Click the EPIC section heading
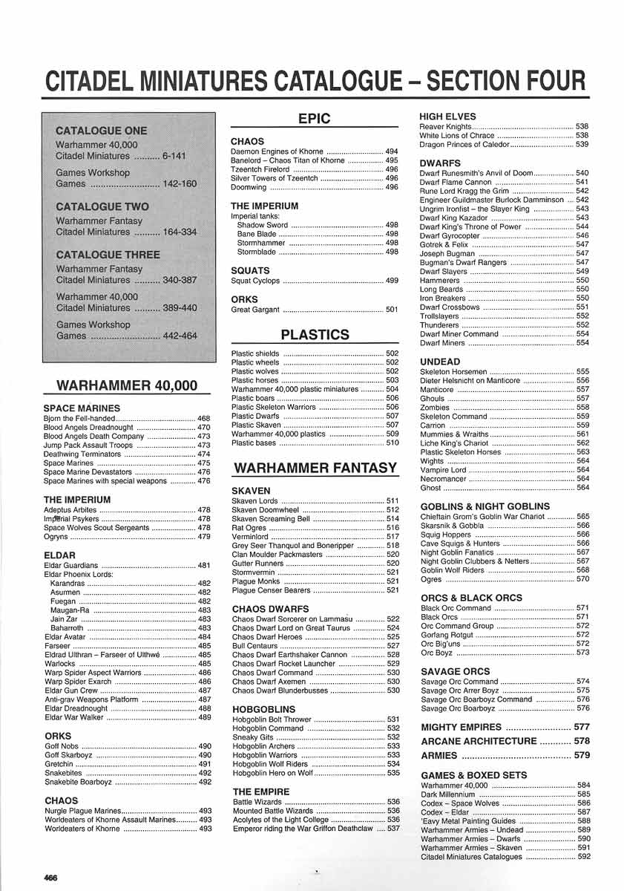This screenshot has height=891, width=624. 314,118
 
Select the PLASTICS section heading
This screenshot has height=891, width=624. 314,334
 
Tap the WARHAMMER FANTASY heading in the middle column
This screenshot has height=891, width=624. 315,468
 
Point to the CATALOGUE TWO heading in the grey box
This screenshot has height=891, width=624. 102,206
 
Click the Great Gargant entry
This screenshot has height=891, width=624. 255,310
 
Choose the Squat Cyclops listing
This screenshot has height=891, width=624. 255,281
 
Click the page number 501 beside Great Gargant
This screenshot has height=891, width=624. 392,310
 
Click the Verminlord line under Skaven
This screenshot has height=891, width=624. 249,536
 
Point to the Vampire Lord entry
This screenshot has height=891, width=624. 443,469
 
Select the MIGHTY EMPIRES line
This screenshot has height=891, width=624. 461,727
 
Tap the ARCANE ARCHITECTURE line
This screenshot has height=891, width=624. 478,741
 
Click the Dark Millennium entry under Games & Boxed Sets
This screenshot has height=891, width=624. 447,794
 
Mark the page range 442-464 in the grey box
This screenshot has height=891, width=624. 179,336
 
